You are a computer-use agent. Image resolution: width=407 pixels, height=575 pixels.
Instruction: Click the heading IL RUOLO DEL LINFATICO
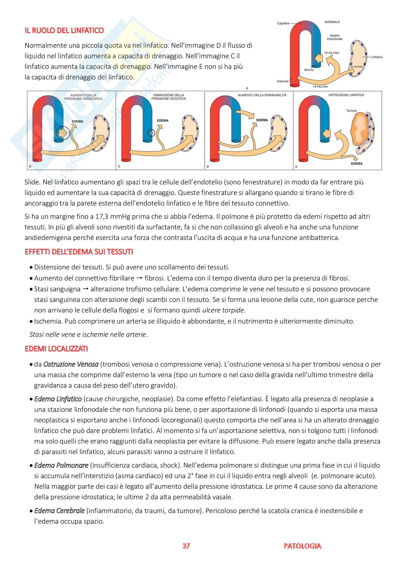point(64,30)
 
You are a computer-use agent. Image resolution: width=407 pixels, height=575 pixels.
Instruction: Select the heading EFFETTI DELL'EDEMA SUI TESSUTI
point(79,252)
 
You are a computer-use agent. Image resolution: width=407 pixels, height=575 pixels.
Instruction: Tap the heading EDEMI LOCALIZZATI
point(56,349)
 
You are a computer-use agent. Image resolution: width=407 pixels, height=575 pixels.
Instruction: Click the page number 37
point(186,546)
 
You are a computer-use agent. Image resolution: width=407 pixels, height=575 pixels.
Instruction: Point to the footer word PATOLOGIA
point(302,546)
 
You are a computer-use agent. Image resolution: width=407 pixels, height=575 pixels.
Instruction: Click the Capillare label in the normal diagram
point(283,23)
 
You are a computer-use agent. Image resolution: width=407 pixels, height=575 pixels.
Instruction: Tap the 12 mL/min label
point(331,53)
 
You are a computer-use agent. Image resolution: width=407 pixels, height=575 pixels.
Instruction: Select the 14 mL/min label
point(320,86)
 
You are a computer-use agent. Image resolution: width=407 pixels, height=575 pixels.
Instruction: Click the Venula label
point(309,70)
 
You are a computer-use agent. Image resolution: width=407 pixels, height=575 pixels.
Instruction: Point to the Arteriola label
point(282,81)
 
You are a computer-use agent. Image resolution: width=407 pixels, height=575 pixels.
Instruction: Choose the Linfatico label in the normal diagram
point(377,57)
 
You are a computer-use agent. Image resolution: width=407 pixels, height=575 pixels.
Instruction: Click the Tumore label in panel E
point(351,110)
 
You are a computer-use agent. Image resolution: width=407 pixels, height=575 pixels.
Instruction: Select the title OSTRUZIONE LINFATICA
point(346,95)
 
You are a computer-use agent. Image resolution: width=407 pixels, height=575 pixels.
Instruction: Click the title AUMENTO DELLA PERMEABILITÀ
point(262,95)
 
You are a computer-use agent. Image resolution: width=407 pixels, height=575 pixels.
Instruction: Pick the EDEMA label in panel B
point(77,121)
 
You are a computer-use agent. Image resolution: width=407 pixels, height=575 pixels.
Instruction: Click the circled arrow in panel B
point(63,133)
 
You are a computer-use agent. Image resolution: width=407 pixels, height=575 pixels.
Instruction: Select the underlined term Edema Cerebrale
point(59,511)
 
